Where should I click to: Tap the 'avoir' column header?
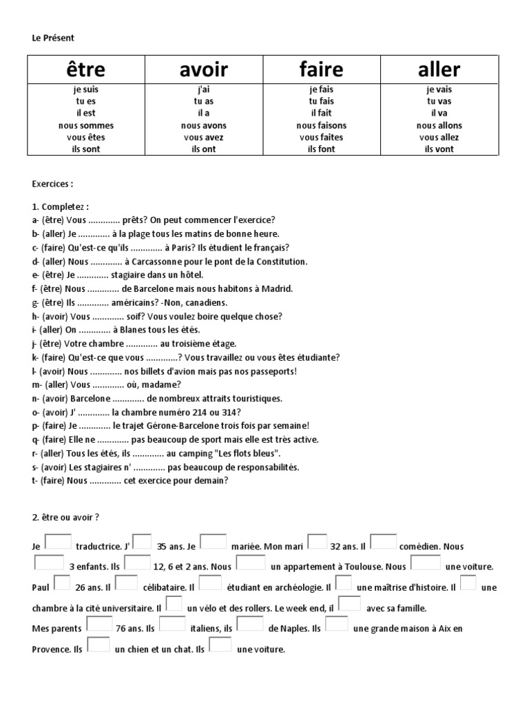pos(203,69)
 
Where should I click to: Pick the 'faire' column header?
pos(322,69)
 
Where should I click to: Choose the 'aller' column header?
pos(439,69)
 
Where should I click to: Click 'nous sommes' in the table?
pos(87,125)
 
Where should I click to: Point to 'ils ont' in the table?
pos(204,149)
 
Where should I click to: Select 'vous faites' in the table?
pos(322,137)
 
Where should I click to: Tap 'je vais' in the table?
pos(439,90)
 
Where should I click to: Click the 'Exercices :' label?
pos(52,185)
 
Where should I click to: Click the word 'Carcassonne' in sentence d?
pos(159,262)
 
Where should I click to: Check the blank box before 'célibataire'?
pos(126,584)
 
